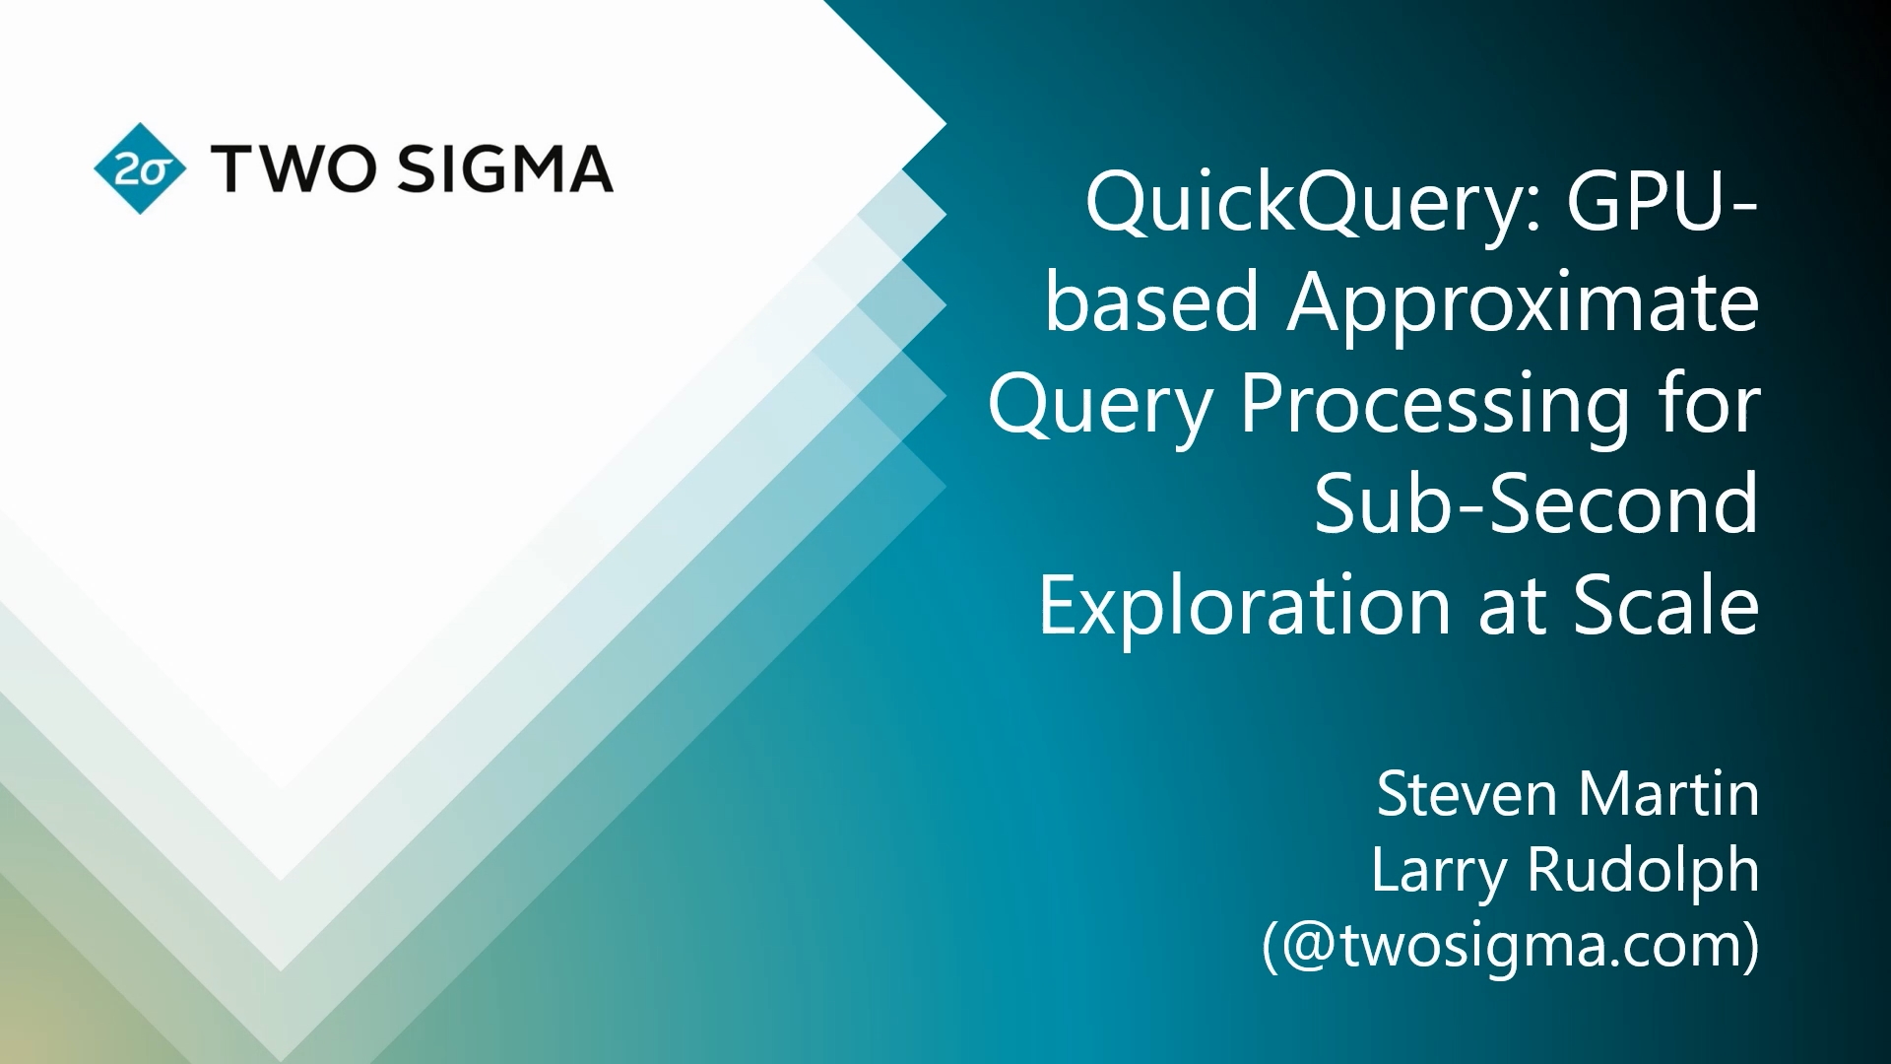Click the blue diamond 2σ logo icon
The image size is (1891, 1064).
coord(140,169)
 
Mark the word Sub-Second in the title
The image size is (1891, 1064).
coord(1536,502)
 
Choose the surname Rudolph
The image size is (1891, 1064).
coord(1642,870)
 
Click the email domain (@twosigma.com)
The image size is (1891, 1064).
coord(1511,946)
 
